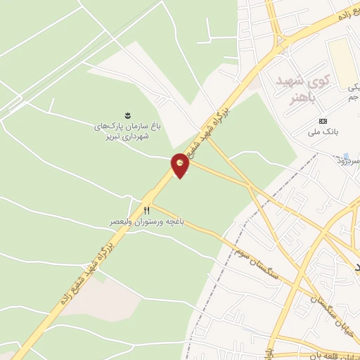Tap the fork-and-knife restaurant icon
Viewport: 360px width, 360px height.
[147, 210]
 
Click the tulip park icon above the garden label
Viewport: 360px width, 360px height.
[127, 115]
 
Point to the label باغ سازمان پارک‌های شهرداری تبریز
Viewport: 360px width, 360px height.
[128, 131]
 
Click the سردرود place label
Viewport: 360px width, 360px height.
[347, 161]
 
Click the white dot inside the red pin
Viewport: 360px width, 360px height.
[181, 163]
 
